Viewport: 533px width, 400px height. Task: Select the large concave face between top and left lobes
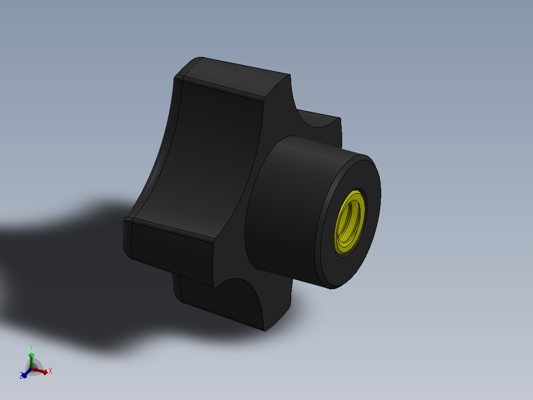click(208, 158)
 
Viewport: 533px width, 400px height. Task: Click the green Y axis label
click(31, 347)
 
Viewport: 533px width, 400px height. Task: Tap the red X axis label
click(50, 370)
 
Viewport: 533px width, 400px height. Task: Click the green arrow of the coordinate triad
click(31, 357)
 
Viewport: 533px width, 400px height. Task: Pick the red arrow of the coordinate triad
click(42, 370)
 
